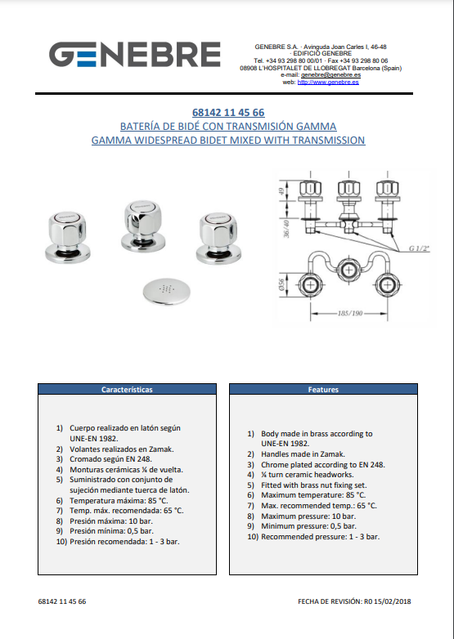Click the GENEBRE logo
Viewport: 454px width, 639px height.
135,54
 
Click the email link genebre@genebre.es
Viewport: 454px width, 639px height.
330,75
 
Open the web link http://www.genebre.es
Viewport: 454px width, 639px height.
328,82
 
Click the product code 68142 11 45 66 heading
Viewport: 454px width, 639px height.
228,113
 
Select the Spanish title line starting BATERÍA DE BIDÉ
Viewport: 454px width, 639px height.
228,127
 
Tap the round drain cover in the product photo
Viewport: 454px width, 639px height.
166,291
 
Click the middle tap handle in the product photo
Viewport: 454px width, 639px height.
142,222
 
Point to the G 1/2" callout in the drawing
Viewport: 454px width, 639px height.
420,248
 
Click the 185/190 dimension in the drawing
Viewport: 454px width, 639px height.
349,314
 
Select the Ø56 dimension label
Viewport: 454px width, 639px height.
281,285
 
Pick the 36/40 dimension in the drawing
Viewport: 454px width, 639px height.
286,229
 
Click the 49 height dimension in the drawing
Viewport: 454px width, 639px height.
281,191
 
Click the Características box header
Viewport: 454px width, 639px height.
127,389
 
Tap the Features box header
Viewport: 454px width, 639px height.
323,389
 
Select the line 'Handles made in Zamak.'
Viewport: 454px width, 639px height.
303,454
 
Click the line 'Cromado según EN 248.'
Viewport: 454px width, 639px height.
111,459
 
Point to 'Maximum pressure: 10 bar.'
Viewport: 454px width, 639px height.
308,516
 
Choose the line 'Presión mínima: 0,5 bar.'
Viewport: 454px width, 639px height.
112,531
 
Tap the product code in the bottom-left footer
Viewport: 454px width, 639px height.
62,601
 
